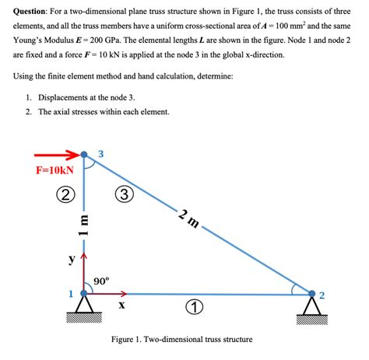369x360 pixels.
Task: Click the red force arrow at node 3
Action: tap(58, 154)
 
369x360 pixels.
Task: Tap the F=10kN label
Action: tap(54, 170)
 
